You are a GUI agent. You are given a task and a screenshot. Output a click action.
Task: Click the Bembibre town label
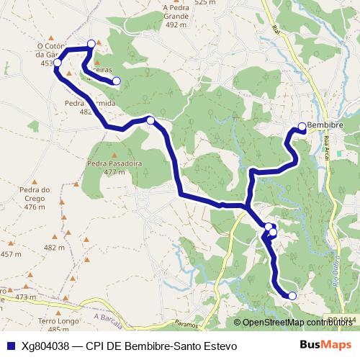point(324,125)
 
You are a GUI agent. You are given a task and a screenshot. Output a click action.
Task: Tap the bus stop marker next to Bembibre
point(302,127)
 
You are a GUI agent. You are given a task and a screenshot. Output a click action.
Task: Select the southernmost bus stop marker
point(292,295)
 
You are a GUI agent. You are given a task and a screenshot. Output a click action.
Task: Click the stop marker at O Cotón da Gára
point(57,63)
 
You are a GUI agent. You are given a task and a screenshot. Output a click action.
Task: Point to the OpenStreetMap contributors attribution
point(298,322)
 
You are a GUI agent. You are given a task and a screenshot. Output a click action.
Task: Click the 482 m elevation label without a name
point(54,247)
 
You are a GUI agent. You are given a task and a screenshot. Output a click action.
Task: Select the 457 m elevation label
point(11,254)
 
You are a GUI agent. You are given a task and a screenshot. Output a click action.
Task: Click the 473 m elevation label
point(25,297)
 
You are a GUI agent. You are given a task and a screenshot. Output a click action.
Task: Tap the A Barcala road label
point(108,318)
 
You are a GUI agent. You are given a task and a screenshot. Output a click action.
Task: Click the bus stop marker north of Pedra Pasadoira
point(150,120)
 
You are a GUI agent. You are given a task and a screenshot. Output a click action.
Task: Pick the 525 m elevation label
point(204,3)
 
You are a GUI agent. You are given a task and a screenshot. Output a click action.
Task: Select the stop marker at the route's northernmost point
point(91,44)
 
